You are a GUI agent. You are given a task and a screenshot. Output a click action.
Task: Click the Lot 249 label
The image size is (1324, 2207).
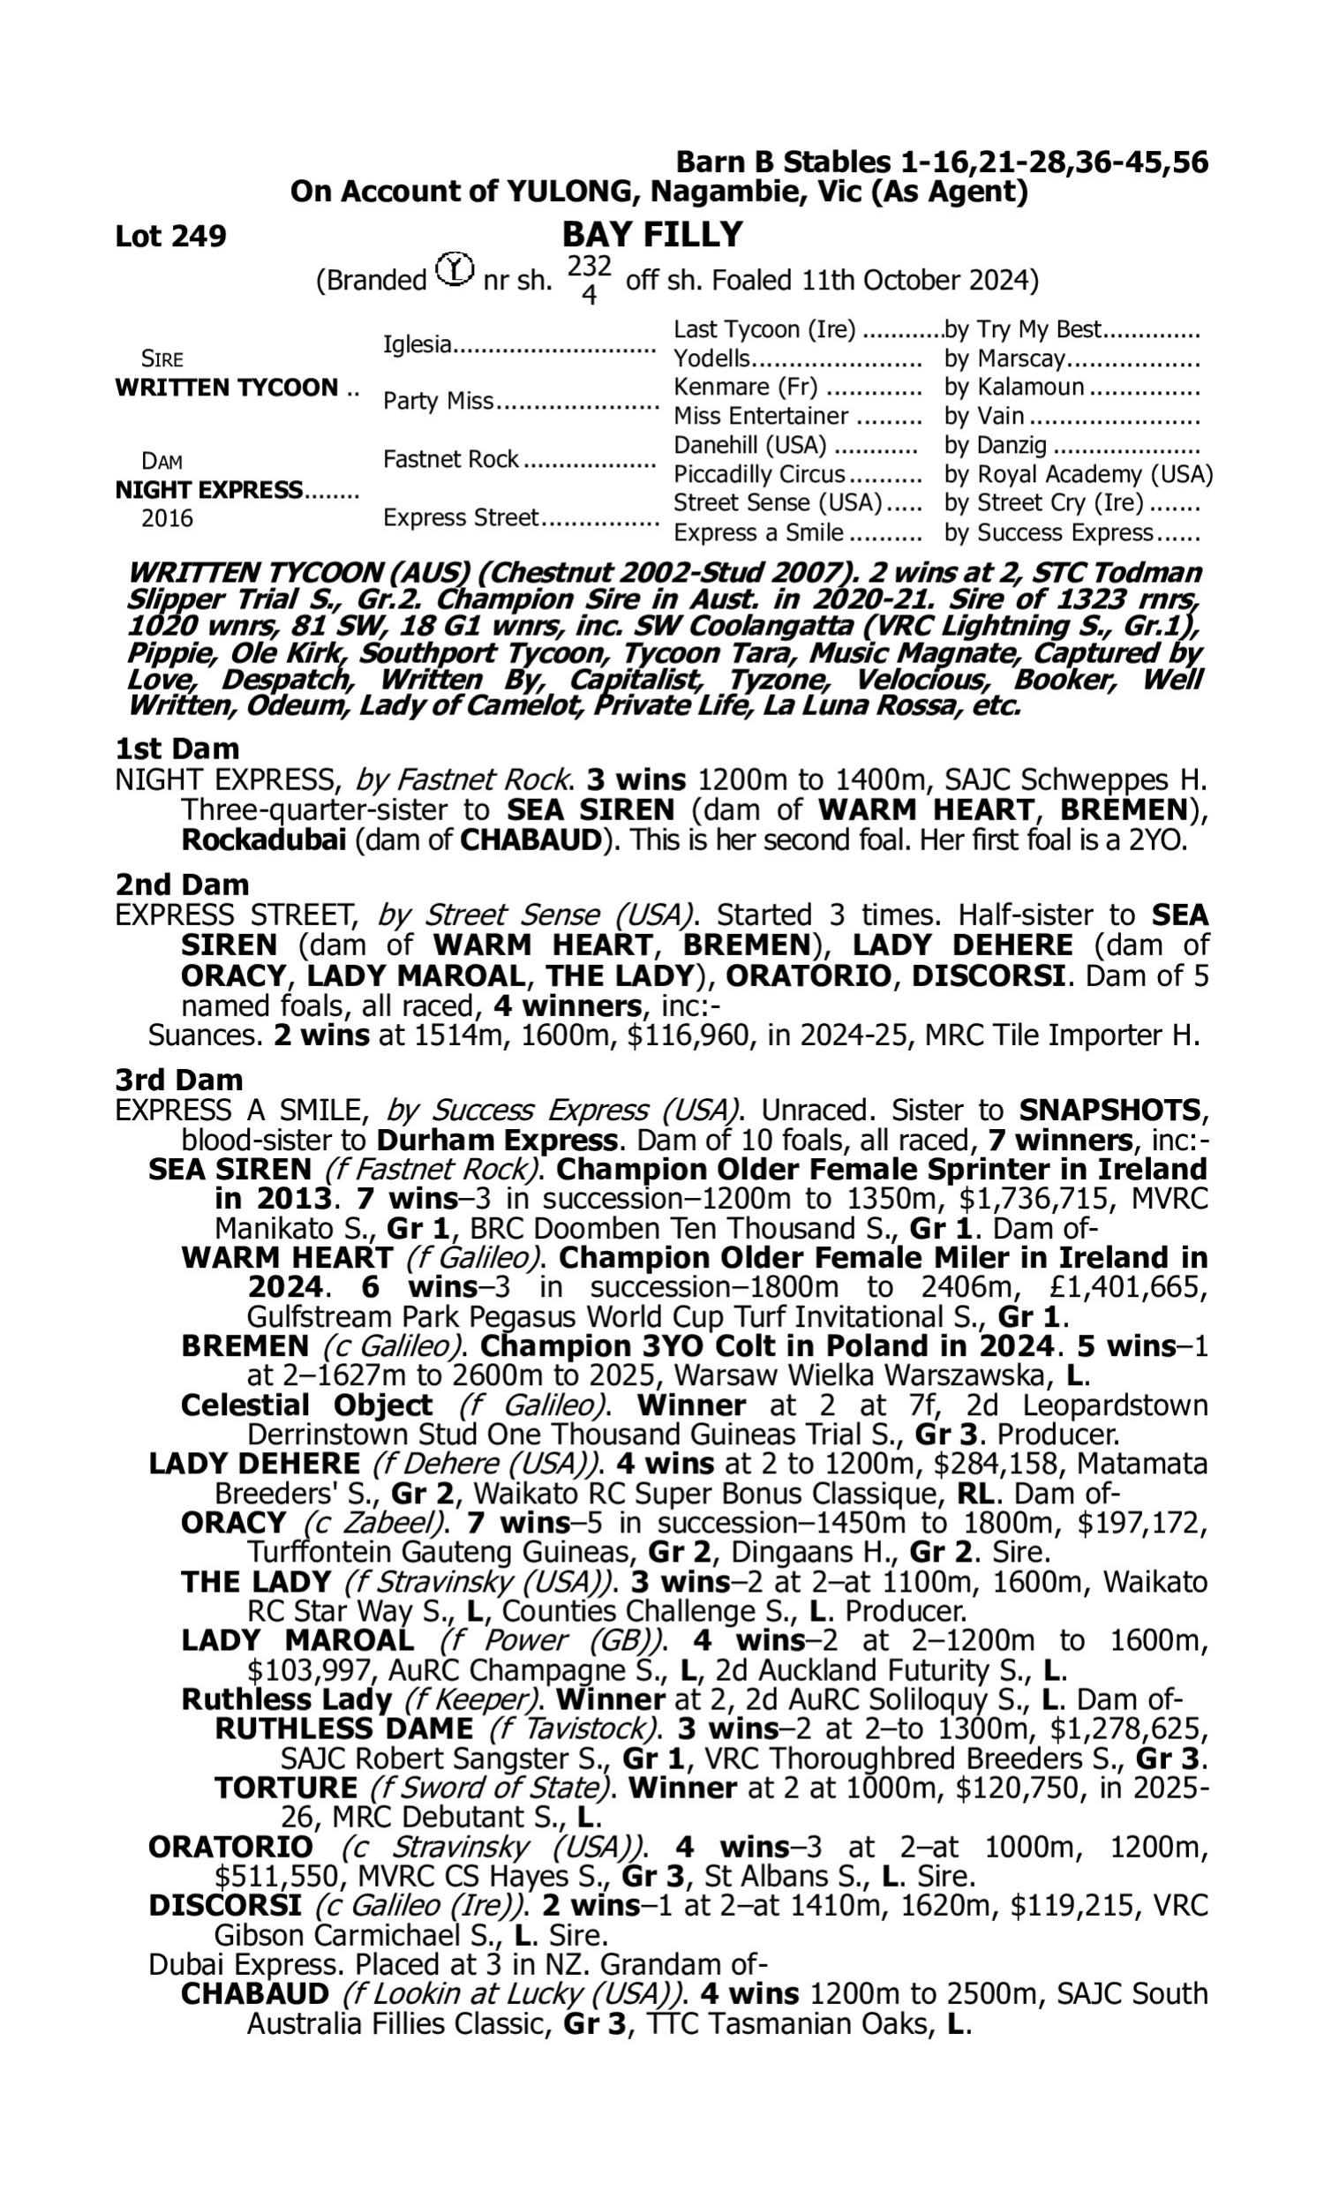pyautogui.click(x=170, y=237)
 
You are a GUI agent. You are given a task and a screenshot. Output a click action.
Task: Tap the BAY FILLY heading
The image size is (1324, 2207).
pyautogui.click(x=652, y=235)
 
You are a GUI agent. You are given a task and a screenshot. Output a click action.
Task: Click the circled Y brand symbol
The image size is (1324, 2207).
pyautogui.click(x=455, y=268)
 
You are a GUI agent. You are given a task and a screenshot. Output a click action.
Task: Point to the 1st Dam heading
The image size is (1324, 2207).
pyautogui.click(x=177, y=749)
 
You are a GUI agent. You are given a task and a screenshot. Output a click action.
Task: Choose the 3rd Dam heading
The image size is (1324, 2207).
pyautogui.click(x=179, y=1080)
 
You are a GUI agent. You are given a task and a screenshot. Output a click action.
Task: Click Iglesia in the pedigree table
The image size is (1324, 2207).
pyautogui.click(x=417, y=344)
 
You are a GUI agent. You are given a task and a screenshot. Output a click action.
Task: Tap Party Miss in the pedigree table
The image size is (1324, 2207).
pyautogui.click(x=438, y=402)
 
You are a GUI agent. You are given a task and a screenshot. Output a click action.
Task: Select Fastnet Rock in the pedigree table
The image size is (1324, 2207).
pyautogui.click(x=450, y=459)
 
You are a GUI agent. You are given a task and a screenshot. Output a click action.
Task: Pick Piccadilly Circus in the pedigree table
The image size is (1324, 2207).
pyautogui.click(x=758, y=474)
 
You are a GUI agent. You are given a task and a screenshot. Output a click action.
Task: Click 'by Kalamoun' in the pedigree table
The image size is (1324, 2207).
pyautogui.click(x=1014, y=388)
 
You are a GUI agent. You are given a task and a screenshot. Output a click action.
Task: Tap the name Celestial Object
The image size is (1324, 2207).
pyautogui.click(x=306, y=1405)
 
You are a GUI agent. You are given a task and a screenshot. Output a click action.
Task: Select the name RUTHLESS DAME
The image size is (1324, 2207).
pyautogui.click(x=343, y=1729)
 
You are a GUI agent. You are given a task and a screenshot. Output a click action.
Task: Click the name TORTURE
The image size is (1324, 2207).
pyautogui.click(x=285, y=1788)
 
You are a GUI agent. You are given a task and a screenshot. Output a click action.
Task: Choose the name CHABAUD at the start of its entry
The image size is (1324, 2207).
pyautogui.click(x=254, y=1993)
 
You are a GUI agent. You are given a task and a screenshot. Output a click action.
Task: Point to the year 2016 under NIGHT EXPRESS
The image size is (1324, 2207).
pyautogui.click(x=167, y=518)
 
